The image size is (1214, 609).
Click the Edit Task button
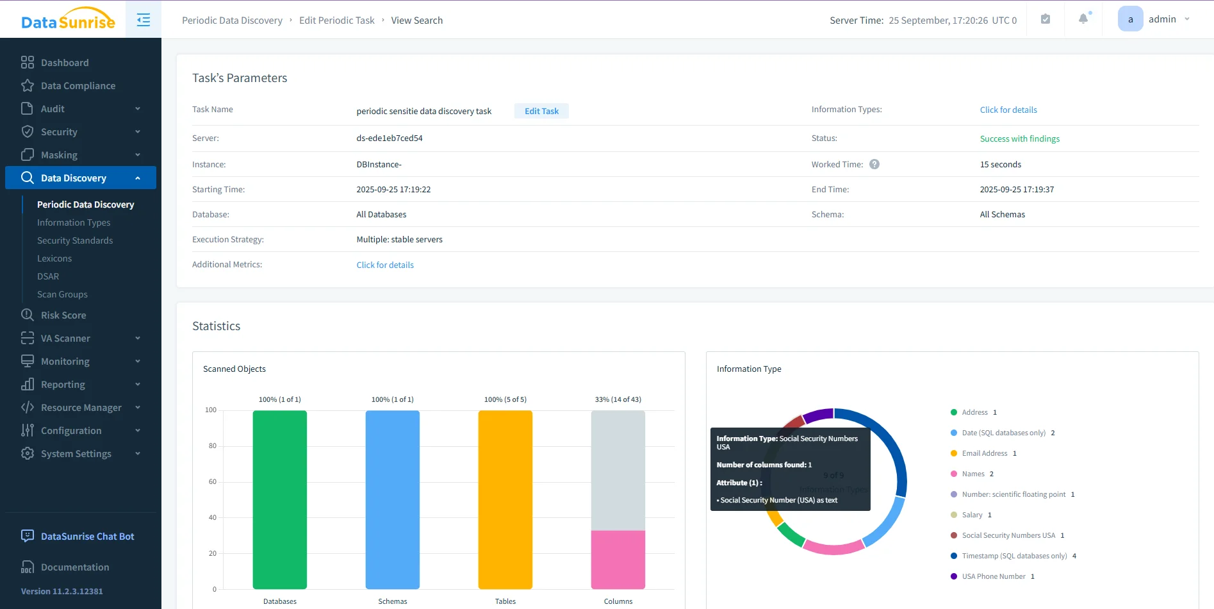pos(541,111)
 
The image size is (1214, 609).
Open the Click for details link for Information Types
pos(1008,110)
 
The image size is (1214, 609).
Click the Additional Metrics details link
pos(385,265)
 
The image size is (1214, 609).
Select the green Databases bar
pos(280,499)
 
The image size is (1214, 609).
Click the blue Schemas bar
pos(393,499)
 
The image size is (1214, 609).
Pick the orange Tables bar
pos(505,499)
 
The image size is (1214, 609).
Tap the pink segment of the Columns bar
pos(618,559)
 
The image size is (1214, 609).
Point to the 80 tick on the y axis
pos(212,446)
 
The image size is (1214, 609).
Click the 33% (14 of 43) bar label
pos(618,399)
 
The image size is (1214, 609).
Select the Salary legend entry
pos(972,515)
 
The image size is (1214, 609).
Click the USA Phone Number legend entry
pos(993,576)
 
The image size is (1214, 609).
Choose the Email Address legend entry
pos(984,453)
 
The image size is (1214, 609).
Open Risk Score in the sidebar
pos(63,315)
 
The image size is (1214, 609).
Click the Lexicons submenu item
pos(54,258)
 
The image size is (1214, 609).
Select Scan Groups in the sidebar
pos(62,294)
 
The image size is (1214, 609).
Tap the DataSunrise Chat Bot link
pos(87,537)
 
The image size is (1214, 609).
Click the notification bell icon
pos(1083,19)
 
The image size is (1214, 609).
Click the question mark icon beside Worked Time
pos(874,164)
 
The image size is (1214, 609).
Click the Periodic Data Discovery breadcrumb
pos(232,21)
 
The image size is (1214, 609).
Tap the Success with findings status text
pos(1019,138)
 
